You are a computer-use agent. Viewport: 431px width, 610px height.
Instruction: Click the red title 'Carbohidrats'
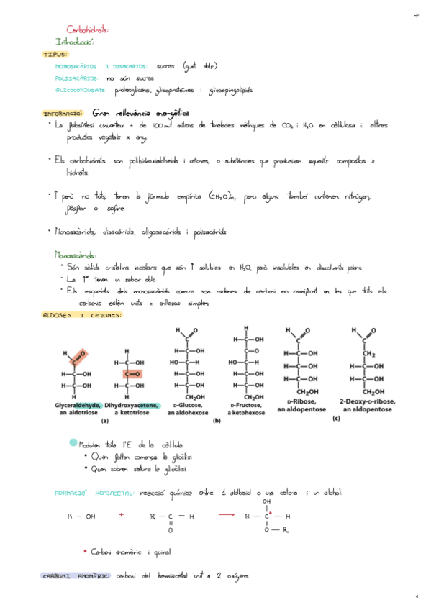click(87, 30)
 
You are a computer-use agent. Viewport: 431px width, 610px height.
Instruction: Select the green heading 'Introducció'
click(74, 42)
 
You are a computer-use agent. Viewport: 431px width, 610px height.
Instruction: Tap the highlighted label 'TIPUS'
click(55, 54)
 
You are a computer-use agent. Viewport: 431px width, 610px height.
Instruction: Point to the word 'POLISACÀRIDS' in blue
click(76, 78)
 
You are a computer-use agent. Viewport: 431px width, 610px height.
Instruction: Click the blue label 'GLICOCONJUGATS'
click(81, 90)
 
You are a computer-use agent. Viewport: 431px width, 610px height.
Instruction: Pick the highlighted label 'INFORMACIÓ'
click(64, 113)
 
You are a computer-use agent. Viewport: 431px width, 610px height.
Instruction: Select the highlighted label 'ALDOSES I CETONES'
click(83, 315)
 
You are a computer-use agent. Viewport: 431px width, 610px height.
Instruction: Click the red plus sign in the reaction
click(122, 515)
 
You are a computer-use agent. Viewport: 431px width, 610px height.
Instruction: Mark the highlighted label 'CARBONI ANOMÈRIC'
click(75, 576)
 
